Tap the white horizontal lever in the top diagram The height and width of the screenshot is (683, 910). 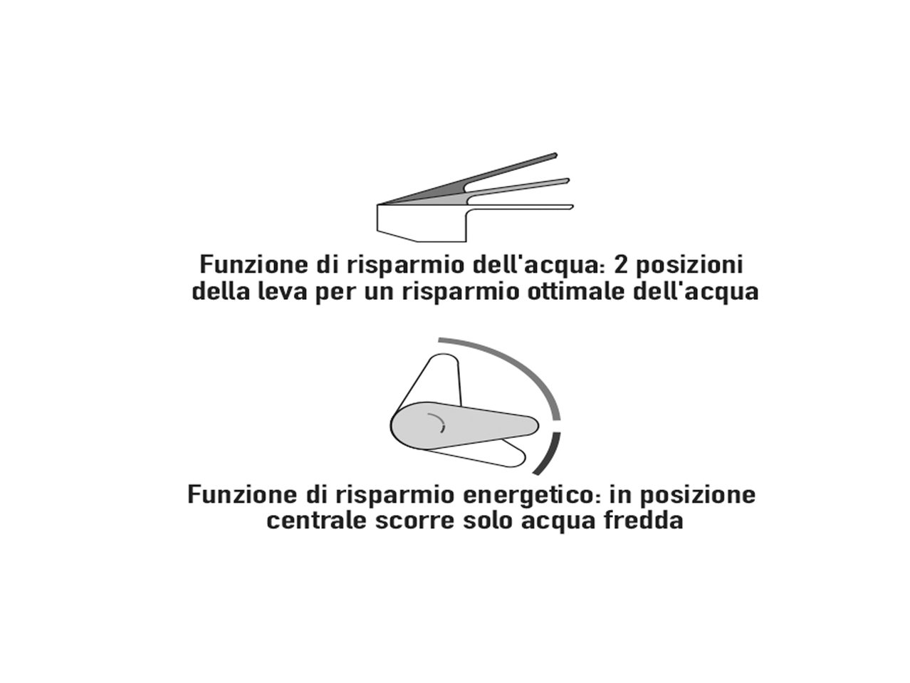[x=527, y=207]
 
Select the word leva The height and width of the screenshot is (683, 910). [x=282, y=292]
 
